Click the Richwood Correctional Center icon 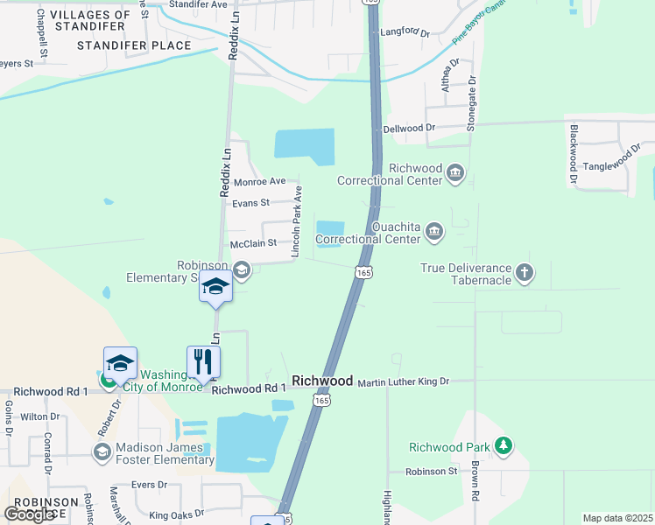[454, 171]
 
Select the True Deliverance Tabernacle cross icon [525, 271]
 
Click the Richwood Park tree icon [504, 446]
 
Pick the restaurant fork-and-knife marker [203, 361]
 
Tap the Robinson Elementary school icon [243, 271]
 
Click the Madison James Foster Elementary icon [102, 451]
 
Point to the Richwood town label [322, 381]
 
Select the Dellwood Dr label [409, 128]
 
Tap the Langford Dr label [405, 33]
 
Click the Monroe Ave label [260, 181]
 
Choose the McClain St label [253, 242]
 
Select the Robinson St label [432, 471]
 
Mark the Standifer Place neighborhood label [134, 45]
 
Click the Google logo [30, 514]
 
